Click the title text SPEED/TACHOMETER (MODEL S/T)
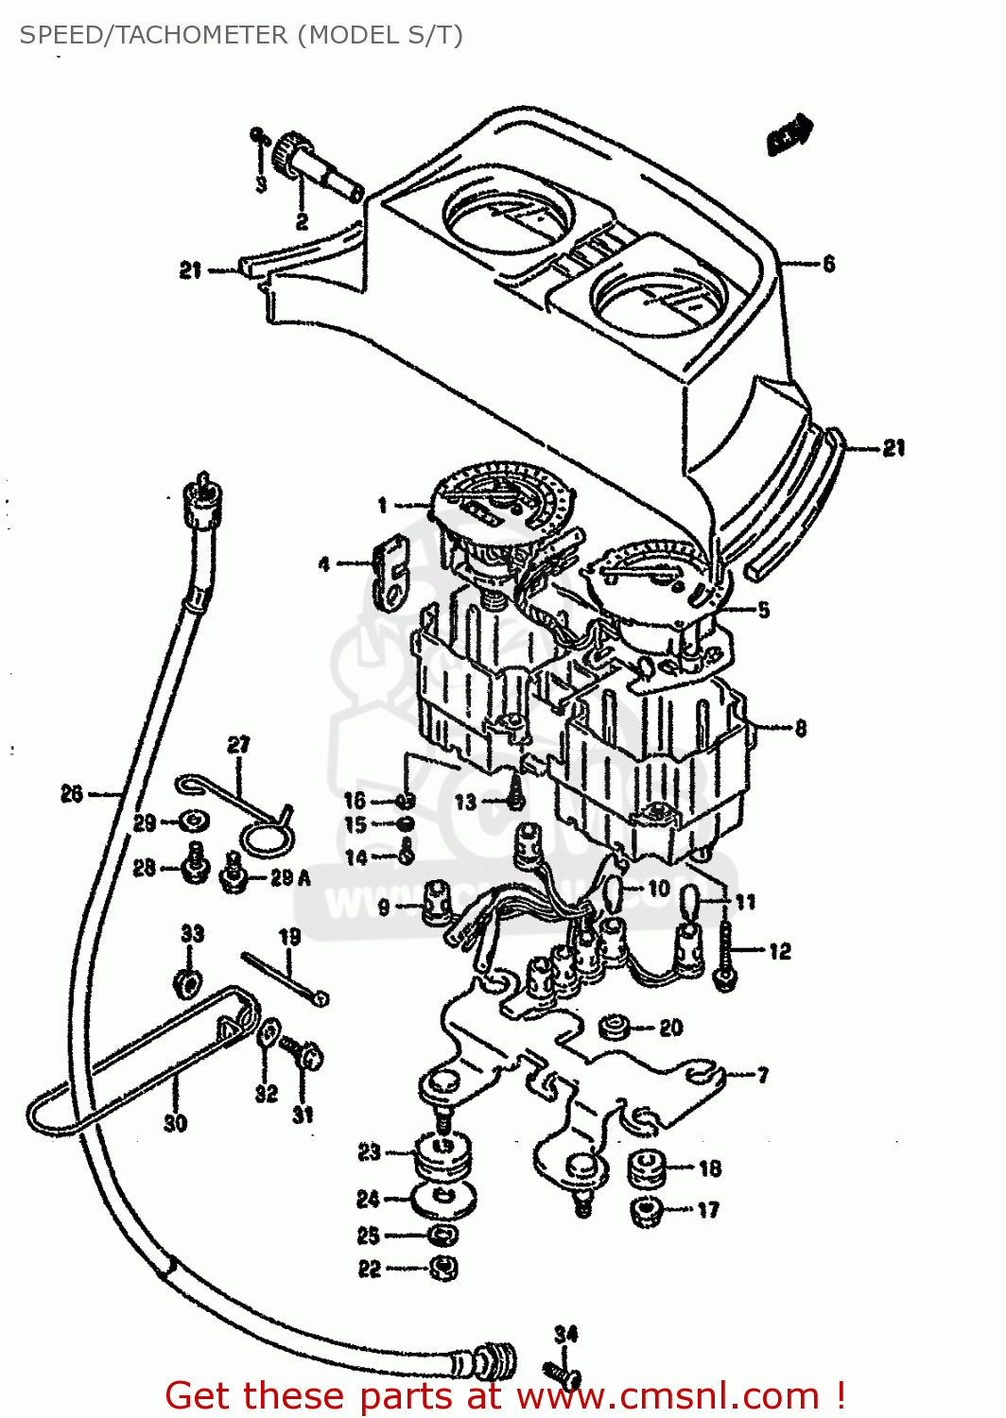(241, 35)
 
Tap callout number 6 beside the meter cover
(828, 264)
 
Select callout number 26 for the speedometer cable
(72, 794)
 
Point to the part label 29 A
(289, 878)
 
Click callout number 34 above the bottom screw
(565, 1334)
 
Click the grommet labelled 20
(616, 1027)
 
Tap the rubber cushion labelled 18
(646, 1167)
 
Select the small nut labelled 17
(647, 1211)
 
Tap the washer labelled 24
(444, 1201)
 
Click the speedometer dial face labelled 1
(501, 501)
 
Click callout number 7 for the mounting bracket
(762, 1075)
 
